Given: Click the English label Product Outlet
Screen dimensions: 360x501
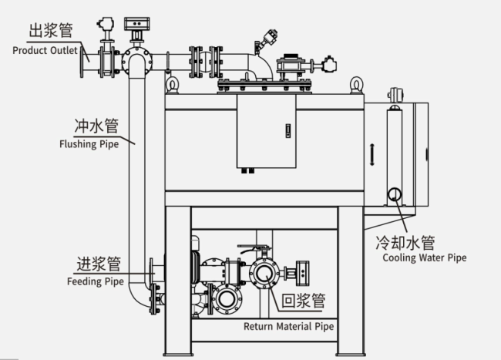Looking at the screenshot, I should tap(45, 50).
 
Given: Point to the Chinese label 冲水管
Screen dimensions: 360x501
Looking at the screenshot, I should tap(95, 124).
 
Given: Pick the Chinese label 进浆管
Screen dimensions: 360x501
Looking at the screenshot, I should tap(98, 263).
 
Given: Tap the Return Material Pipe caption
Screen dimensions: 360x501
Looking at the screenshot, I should tap(288, 326).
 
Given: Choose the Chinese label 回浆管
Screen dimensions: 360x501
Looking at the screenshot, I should tap(302, 300).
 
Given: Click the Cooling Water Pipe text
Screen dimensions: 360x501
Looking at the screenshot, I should tap(424, 257).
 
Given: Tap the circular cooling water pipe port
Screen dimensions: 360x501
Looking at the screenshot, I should tap(394, 193).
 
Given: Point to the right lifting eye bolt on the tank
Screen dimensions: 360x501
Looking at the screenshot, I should tap(356, 85).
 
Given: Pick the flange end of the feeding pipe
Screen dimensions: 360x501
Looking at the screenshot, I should tap(153, 273).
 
